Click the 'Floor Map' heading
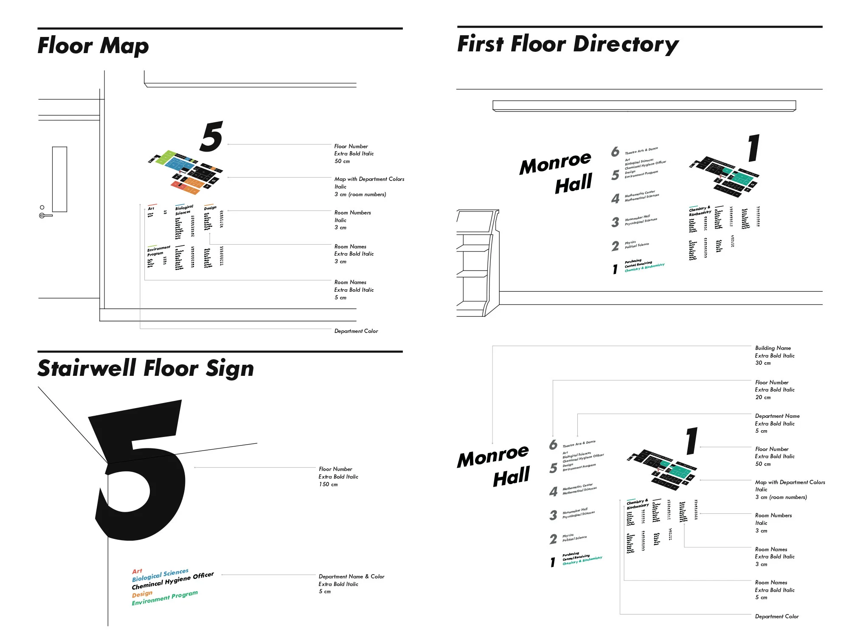point(93,45)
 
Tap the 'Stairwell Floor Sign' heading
point(146,368)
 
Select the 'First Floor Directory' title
point(568,44)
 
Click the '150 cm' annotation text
point(328,485)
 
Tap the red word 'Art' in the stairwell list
point(137,571)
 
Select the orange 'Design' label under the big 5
point(142,594)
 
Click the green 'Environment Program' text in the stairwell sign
point(164,598)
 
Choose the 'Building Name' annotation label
point(773,348)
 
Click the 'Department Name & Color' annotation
point(351,576)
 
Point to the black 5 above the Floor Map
point(211,137)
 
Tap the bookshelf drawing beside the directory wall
point(475,263)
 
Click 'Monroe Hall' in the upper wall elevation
point(556,172)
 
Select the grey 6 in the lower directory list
point(553,445)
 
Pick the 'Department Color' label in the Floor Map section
point(356,331)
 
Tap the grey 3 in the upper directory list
point(615,222)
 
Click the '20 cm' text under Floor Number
point(762,397)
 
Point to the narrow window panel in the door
point(59,179)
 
